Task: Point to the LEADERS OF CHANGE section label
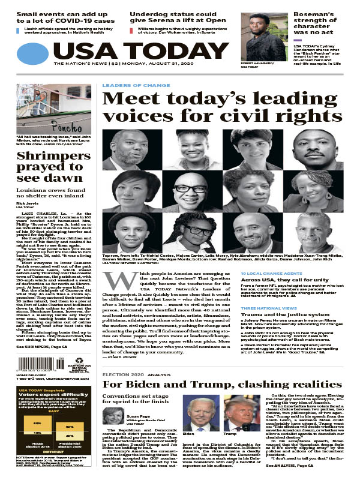(127, 86)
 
